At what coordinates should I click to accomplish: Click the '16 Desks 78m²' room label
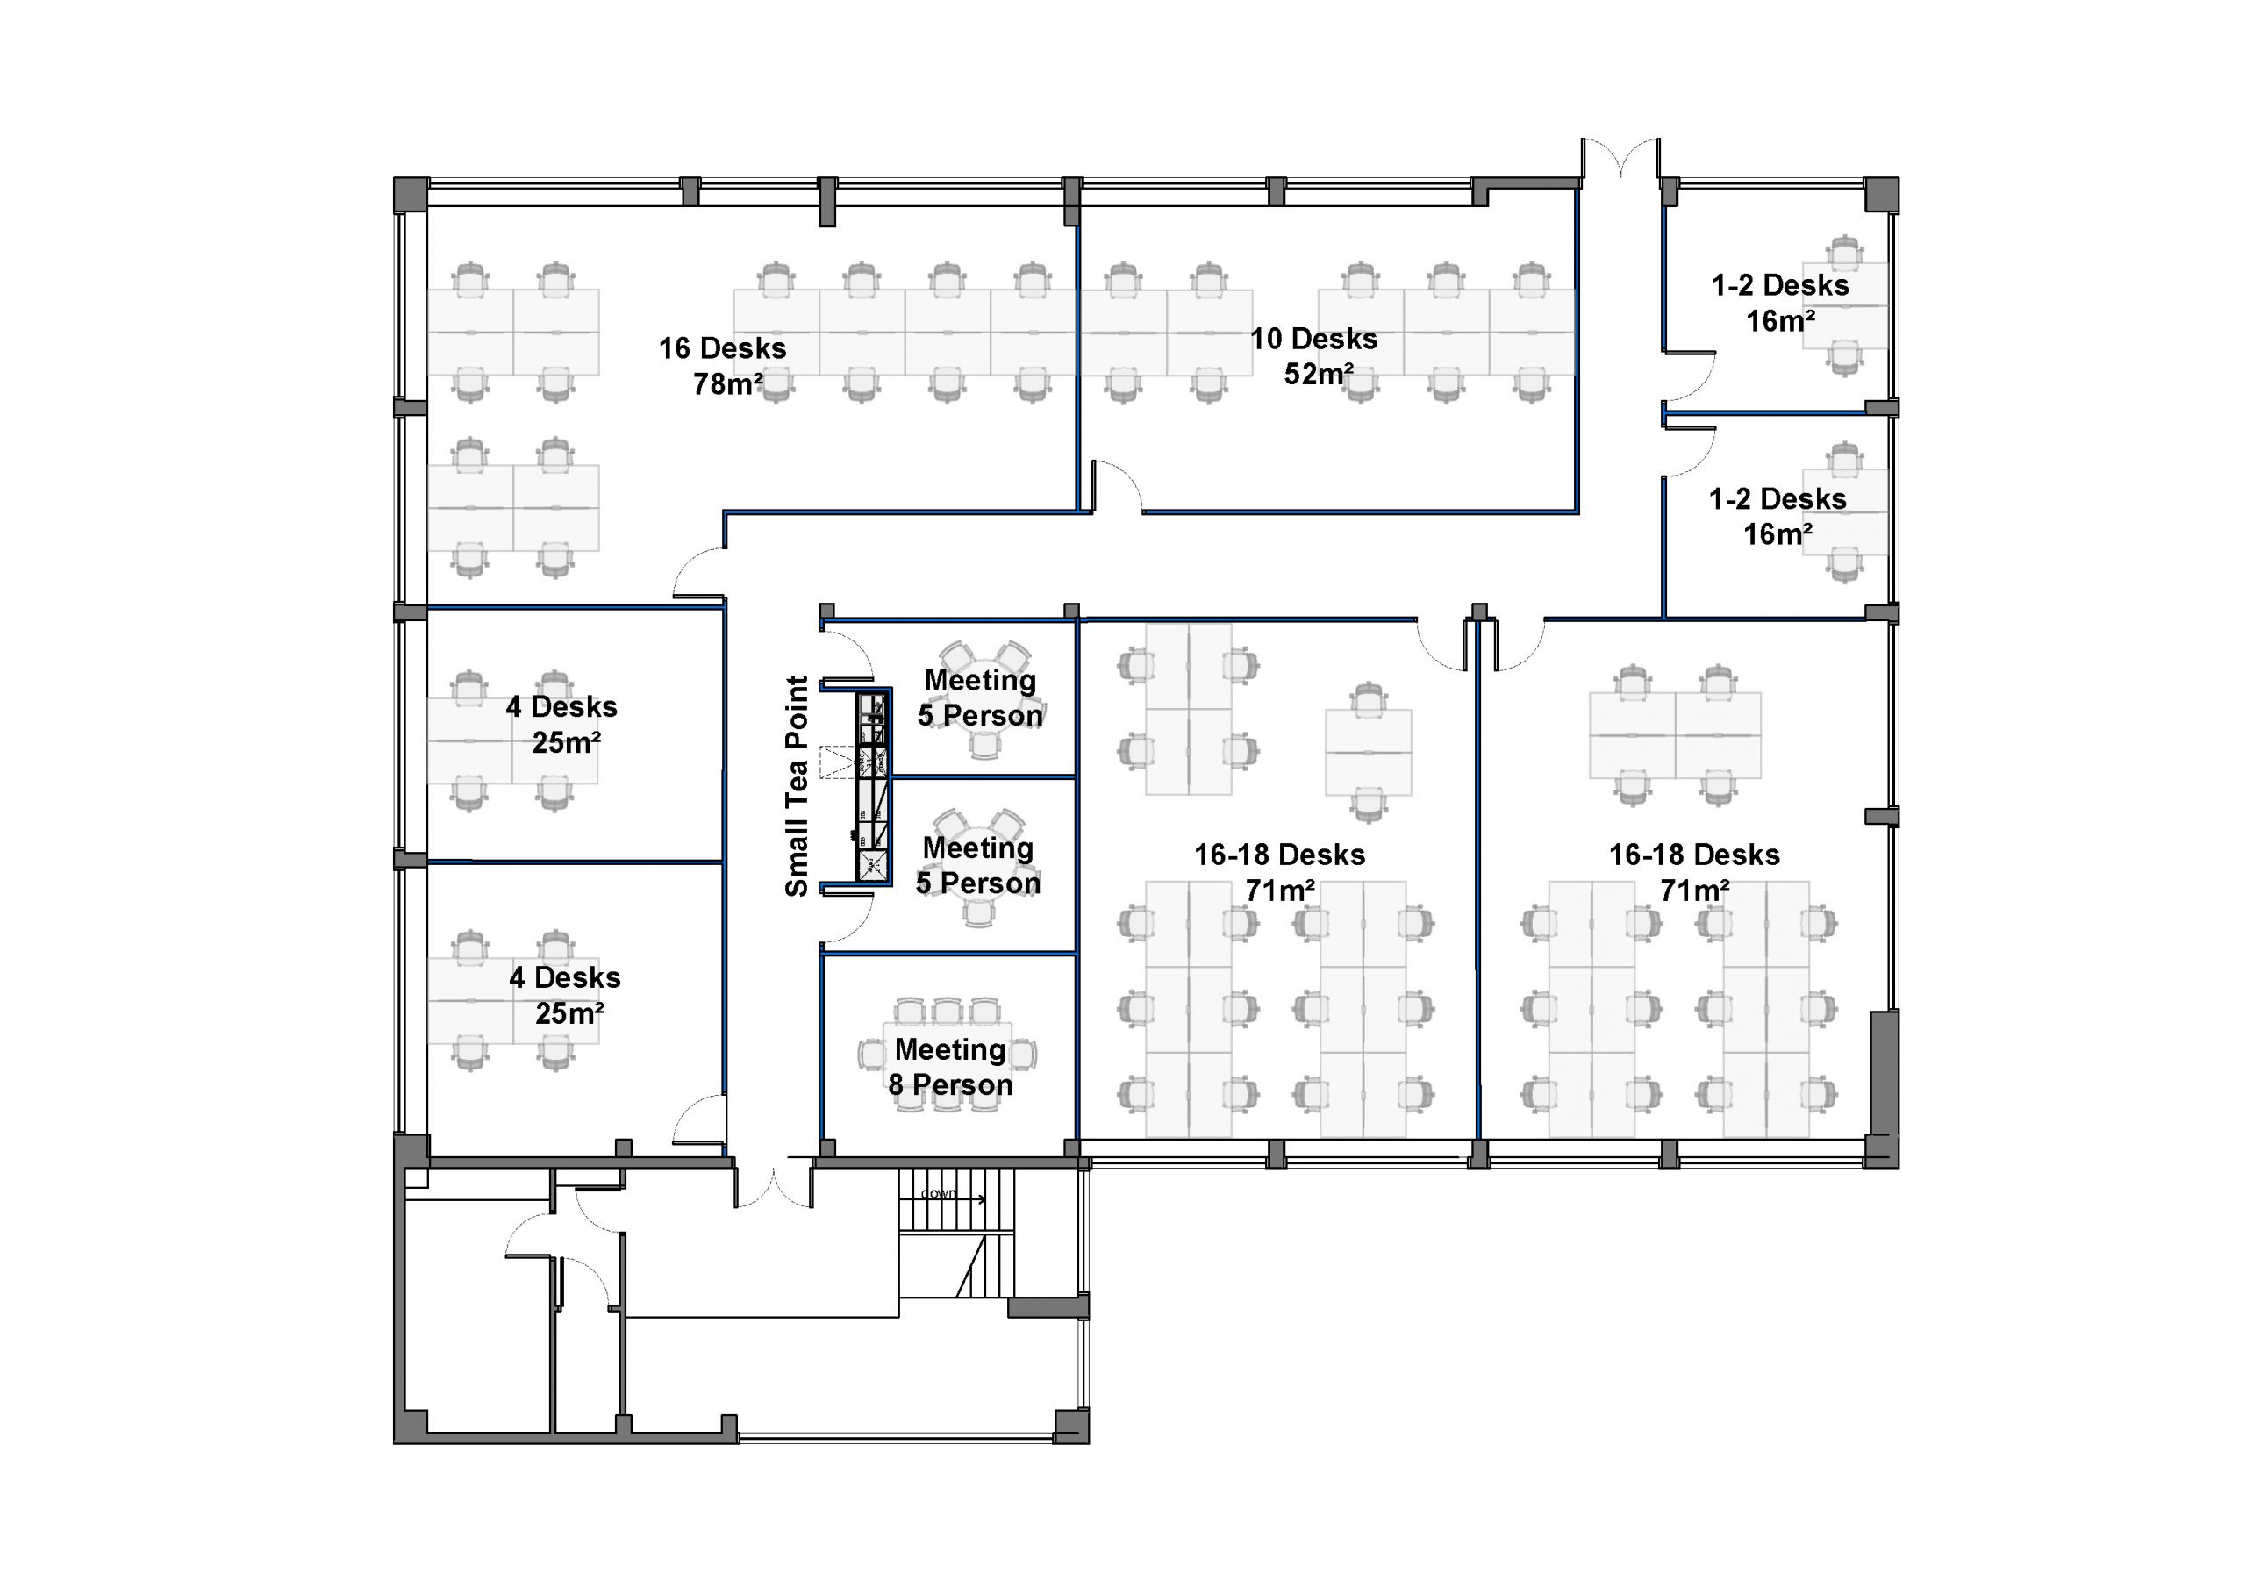pos(723,366)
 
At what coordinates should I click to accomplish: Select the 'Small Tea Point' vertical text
pos(798,786)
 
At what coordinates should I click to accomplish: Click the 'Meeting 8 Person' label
pos(950,1067)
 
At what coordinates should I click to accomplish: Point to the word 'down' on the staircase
pos(938,1194)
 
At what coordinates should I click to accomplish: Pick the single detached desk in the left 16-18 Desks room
pos(1368,751)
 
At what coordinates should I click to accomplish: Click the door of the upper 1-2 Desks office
pos(1691,376)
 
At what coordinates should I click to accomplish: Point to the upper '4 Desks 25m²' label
pos(562,724)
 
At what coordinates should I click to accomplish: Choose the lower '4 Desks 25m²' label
pos(565,995)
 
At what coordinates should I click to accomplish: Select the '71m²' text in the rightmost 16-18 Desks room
pos(1694,891)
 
